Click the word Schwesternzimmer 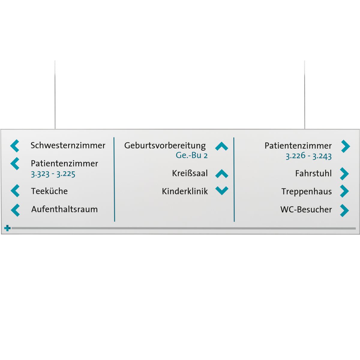point(68,145)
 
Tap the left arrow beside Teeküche point(15,191)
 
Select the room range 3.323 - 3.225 point(53,174)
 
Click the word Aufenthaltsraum point(64,209)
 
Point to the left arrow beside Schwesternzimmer point(15,146)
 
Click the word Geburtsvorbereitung point(165,146)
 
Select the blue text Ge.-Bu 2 point(192,155)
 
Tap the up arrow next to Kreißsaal point(222,174)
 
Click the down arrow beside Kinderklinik point(222,190)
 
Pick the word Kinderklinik point(185,191)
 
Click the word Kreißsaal point(190,173)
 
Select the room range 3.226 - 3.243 point(308,156)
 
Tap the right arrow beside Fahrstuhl point(344,174)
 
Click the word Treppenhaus point(307,192)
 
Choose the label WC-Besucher point(306,209)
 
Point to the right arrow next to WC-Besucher point(344,210)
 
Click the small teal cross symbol point(7,228)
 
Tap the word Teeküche point(49,191)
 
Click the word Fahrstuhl point(313,173)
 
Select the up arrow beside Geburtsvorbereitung point(222,146)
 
